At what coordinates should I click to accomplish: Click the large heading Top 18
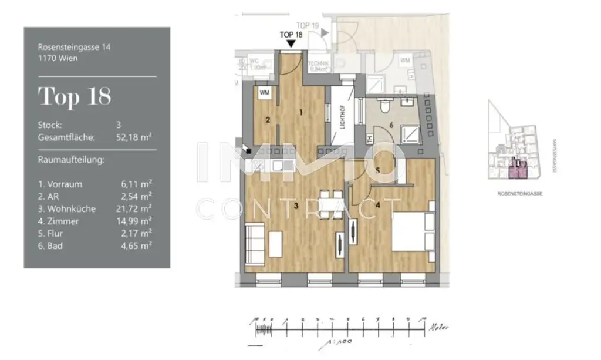click(x=75, y=96)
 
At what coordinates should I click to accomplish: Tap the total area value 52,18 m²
click(x=134, y=137)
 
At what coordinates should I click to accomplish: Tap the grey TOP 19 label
click(x=308, y=25)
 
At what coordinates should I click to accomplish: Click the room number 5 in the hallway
click(x=378, y=171)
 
